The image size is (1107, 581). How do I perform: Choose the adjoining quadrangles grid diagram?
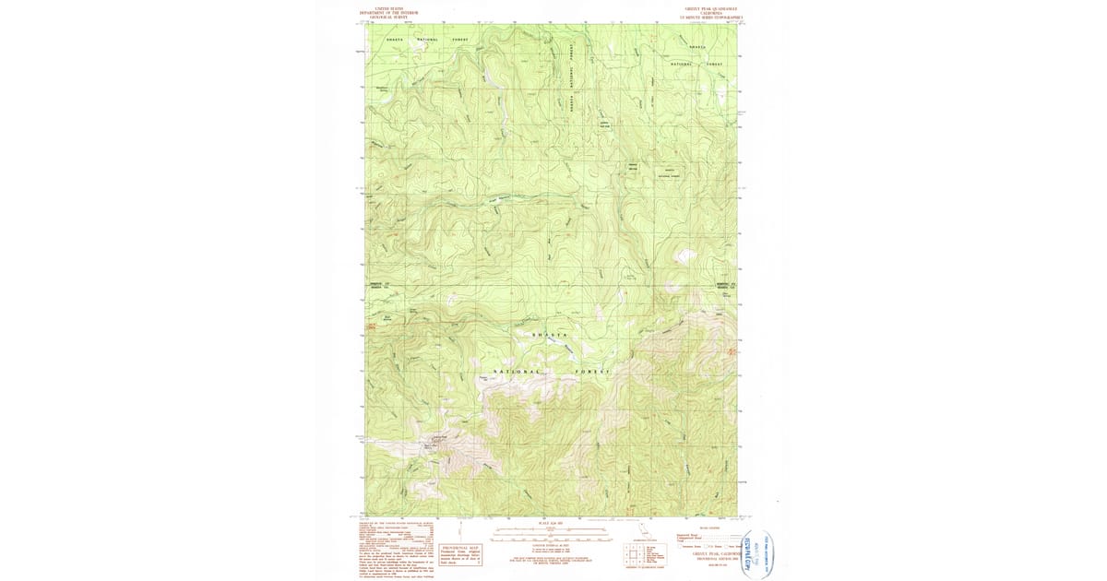(633, 554)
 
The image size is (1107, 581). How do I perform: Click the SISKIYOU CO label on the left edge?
(380, 284)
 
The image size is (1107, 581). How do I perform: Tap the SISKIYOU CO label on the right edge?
(729, 284)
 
